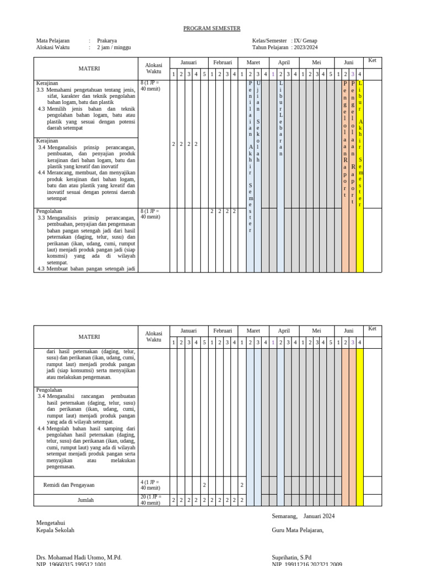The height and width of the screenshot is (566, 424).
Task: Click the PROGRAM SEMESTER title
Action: (212, 29)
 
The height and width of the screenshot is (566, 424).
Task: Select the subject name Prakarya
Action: (107, 40)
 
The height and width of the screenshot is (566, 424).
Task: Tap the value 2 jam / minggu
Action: (114, 48)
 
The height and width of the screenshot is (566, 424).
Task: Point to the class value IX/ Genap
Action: (305, 40)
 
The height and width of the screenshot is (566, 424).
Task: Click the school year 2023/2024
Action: (306, 48)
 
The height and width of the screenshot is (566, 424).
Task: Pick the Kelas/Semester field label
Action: (269, 40)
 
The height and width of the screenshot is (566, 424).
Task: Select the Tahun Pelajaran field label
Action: (270, 48)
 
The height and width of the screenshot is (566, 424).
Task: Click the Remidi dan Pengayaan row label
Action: (69, 485)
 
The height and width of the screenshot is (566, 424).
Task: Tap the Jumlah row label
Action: (86, 500)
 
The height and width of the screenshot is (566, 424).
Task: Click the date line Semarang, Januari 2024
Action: (303, 516)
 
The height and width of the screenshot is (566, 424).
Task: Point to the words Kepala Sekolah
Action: (55, 530)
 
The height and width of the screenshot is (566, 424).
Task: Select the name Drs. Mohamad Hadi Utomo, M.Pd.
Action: (79, 558)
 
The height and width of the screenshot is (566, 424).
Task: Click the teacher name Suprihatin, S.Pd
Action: (291, 558)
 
